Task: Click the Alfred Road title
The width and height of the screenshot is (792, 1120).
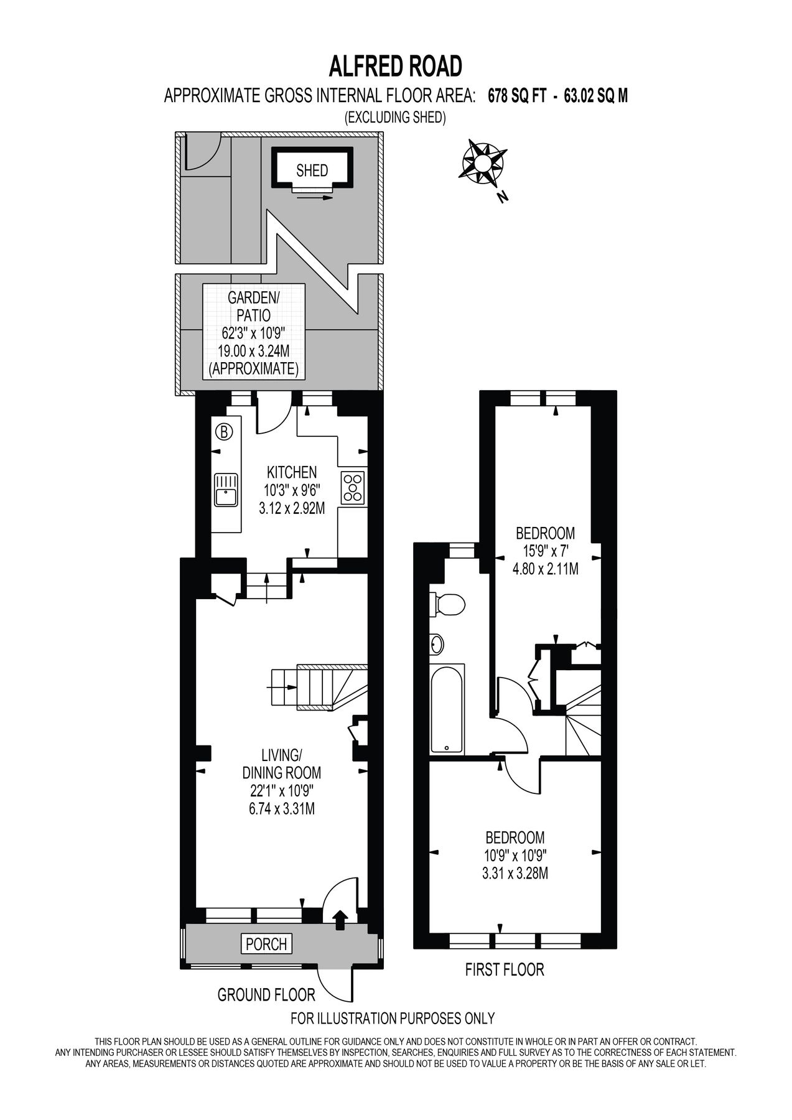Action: click(395, 65)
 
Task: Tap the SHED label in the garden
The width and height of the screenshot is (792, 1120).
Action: click(312, 170)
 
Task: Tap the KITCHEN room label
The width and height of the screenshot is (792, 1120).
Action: click(292, 472)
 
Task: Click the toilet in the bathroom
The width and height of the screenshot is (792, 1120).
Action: click(448, 603)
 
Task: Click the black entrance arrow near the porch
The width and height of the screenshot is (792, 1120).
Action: click(340, 920)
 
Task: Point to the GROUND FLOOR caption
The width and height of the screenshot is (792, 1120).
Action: click(266, 995)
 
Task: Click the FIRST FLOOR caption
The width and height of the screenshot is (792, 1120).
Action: click(505, 969)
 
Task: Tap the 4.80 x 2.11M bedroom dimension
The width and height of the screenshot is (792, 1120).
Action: click(546, 567)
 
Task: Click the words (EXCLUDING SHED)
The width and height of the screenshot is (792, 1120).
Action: click(395, 117)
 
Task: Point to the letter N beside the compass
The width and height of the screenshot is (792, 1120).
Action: click(503, 198)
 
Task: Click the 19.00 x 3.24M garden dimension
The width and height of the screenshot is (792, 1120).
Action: click(253, 352)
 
